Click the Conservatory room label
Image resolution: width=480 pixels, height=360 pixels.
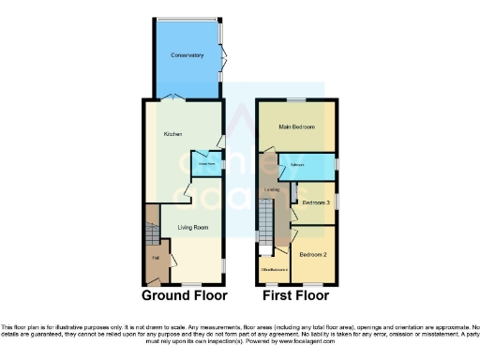pos(187,55)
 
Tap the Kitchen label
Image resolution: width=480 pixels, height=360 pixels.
pos(172,134)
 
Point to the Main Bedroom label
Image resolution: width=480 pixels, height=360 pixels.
pos(296,127)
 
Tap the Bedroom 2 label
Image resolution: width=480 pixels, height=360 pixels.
pos(312,254)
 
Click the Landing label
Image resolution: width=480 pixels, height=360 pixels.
pos(273,190)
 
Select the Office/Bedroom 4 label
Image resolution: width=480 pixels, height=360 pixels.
pos(274,270)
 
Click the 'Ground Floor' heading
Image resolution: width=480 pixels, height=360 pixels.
pos(184,295)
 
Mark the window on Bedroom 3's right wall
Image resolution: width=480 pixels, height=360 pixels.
pos(337,202)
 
